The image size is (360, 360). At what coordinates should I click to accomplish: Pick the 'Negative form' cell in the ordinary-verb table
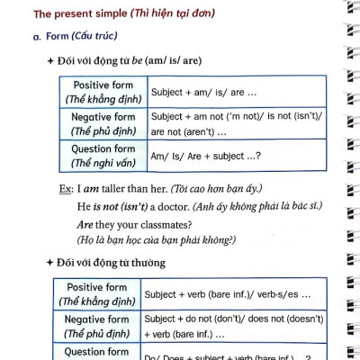(100, 327)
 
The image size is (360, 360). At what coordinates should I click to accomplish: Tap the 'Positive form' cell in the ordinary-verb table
(100, 294)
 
